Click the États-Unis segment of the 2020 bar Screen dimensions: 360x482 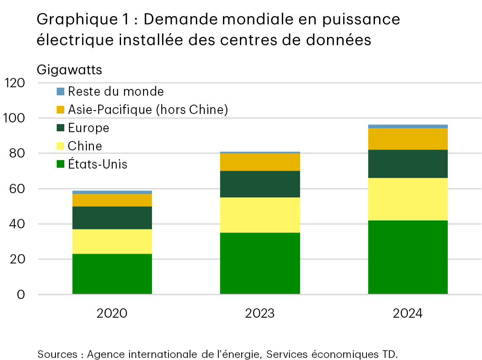(x=112, y=274)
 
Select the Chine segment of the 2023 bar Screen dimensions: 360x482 (x=260, y=215)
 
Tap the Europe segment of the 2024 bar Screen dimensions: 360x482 (x=408, y=163)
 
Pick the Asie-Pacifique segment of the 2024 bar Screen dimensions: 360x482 (x=408, y=139)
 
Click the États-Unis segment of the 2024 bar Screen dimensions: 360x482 (x=408, y=257)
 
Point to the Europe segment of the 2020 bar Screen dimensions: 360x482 (x=112, y=218)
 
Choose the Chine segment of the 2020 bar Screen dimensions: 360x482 (x=112, y=241)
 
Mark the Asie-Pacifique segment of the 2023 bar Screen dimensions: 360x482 (x=260, y=162)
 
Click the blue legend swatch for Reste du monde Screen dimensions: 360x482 (x=61, y=91)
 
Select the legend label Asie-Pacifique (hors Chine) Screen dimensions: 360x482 (x=148, y=110)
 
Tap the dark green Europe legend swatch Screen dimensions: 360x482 (x=61, y=128)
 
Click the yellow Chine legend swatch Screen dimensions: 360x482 (x=61, y=146)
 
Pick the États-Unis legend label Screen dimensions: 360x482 (x=97, y=164)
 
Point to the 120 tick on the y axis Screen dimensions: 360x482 (x=14, y=83)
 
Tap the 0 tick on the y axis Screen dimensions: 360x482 (x=20, y=294)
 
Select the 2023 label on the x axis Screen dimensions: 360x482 (x=260, y=313)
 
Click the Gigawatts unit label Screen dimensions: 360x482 (x=69, y=69)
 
